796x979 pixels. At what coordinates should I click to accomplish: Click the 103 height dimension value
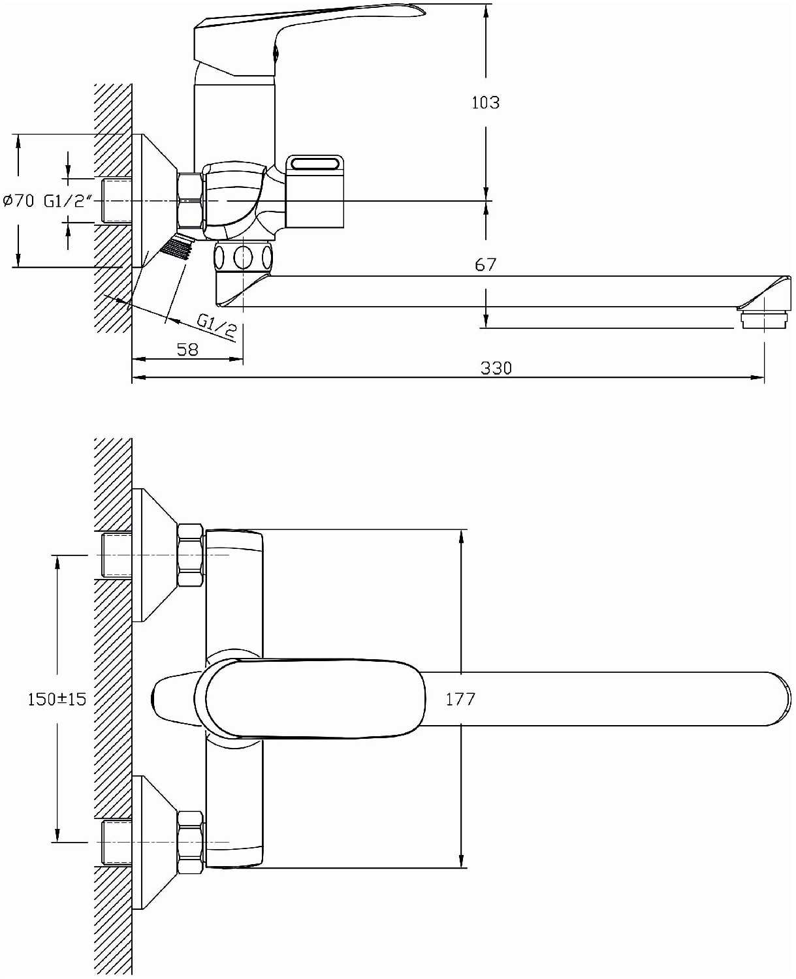pos(486,102)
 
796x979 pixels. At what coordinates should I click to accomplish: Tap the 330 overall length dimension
pos(496,368)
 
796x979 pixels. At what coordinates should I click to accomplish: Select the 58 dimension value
pos(187,350)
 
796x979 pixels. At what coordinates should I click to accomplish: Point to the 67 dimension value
pos(486,265)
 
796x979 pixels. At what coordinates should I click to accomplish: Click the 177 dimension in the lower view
pos(460,699)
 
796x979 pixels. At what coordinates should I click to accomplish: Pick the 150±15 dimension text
pos(57,699)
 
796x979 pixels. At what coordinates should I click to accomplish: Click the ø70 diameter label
pos(18,201)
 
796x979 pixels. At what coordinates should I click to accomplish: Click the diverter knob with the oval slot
pos(315,191)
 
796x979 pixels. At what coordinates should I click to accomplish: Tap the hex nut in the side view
pos(189,200)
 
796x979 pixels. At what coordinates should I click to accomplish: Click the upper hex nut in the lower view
pos(191,555)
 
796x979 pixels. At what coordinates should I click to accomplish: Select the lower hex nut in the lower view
pos(191,843)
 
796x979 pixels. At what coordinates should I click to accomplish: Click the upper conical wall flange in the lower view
pos(155,555)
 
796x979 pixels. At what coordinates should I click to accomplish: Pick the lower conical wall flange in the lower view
pos(155,843)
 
